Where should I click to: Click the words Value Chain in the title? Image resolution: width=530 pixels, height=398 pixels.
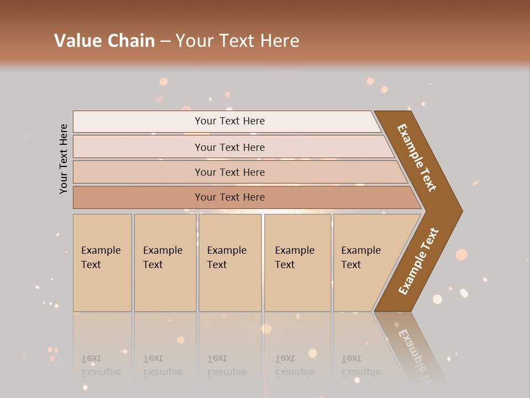coord(104,41)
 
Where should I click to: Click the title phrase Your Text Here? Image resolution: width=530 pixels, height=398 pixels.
coord(237,41)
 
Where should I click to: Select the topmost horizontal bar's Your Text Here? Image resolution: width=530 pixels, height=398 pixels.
coord(230,121)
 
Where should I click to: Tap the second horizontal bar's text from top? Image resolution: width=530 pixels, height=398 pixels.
coord(230,147)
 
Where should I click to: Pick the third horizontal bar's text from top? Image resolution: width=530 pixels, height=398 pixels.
coord(230,172)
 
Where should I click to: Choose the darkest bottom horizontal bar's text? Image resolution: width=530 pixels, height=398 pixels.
coord(230,197)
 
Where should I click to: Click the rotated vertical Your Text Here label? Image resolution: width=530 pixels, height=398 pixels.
coord(63,159)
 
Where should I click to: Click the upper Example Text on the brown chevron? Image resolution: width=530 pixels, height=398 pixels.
coord(417,158)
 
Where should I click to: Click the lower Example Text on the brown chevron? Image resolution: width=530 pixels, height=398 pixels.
coord(418,261)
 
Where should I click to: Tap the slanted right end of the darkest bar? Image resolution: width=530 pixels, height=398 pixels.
coord(415,198)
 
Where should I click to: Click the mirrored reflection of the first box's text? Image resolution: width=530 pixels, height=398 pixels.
coord(100,365)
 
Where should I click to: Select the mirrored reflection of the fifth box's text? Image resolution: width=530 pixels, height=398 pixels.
coord(361,365)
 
